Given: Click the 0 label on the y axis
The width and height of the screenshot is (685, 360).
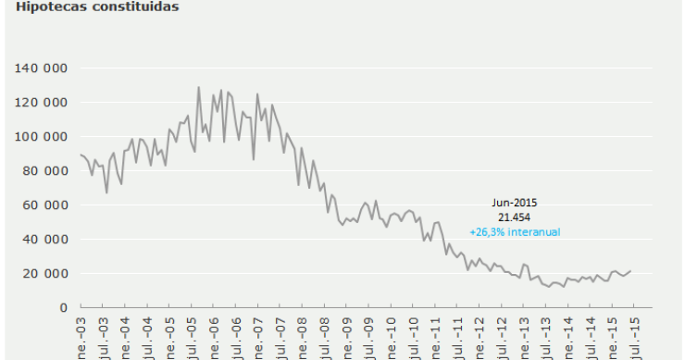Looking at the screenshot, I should (64, 307).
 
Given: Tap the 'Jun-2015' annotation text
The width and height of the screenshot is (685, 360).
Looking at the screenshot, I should (514, 202).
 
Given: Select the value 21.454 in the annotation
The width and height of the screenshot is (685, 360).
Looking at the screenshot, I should (514, 217).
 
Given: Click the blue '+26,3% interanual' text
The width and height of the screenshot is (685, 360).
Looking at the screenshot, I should (514, 231).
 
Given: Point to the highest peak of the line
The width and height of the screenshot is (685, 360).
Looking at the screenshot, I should (198, 88).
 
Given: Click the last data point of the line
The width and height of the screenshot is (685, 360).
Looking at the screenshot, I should (630, 271).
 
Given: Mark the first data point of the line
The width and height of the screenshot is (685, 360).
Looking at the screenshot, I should (81, 155).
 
